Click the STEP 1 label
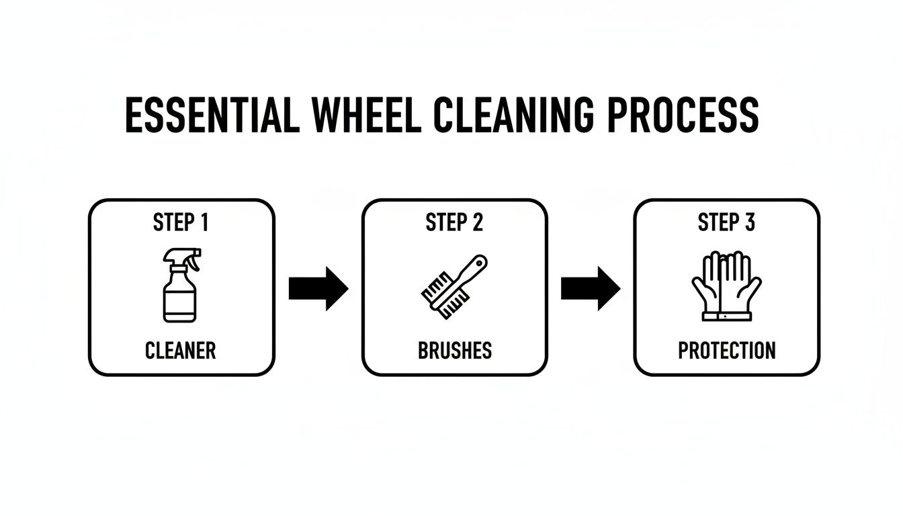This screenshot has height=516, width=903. [x=181, y=223]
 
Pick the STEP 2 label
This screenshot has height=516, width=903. [x=454, y=223]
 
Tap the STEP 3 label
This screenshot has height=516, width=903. [x=726, y=223]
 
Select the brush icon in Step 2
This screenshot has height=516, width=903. [x=454, y=286]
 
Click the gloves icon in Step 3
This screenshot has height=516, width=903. [x=726, y=286]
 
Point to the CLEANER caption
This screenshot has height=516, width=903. [x=181, y=350]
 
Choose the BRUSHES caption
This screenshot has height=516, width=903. [x=454, y=350]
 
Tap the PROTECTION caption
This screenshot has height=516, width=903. [x=726, y=350]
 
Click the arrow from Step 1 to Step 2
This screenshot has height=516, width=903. [x=318, y=288]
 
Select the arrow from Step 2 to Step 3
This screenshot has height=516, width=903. [x=590, y=288]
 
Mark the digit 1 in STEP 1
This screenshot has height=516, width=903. [x=202, y=223]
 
